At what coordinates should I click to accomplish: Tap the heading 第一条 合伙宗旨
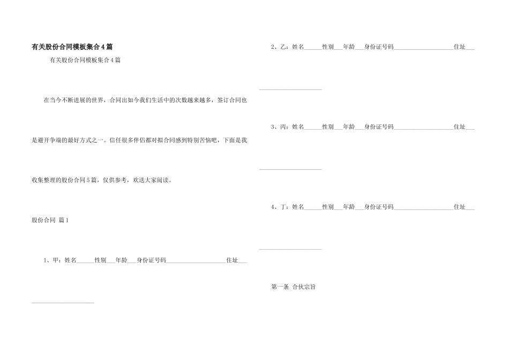pyautogui.click(x=293, y=287)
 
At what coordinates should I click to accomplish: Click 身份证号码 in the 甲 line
pyautogui.click(x=151, y=261)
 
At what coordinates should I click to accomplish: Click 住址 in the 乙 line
pyautogui.click(x=459, y=47)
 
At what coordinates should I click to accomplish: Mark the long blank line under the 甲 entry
pyautogui.click(x=63, y=303)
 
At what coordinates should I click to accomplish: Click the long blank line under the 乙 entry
pyautogui.click(x=290, y=89)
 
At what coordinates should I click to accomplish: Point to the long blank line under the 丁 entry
pyautogui.click(x=290, y=249)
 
